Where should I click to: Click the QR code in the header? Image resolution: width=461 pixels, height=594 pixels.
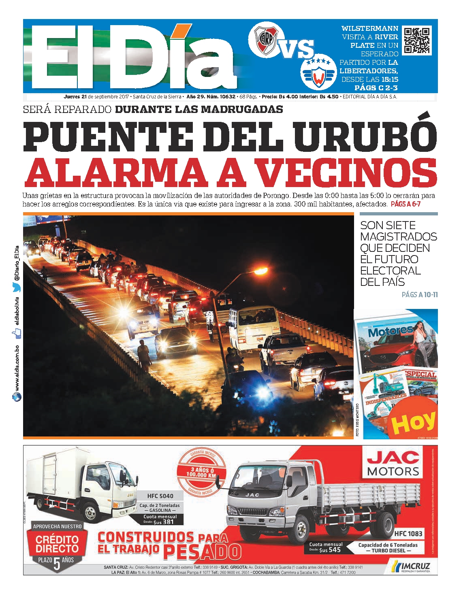pos(417,40)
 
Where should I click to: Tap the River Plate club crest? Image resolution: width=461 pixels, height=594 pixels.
pos(265,39)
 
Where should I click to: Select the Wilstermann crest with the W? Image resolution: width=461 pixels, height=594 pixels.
pos(318,73)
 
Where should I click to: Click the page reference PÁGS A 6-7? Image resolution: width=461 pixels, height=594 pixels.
pos(406,204)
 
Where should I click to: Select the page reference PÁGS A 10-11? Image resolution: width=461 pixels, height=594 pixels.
pos(419,295)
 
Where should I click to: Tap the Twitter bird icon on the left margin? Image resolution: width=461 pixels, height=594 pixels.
pos(17,288)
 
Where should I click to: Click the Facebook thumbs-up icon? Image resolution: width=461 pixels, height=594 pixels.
pos(17,333)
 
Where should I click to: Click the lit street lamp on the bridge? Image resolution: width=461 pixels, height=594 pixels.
pos(260,270)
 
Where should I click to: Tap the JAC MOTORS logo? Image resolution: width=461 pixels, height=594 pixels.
pos(393,464)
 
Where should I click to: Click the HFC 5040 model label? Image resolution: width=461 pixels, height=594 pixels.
pos(160,496)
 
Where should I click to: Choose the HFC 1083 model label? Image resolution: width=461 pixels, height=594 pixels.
pos(408,534)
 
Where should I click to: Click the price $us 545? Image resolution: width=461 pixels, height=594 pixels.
pos(329,550)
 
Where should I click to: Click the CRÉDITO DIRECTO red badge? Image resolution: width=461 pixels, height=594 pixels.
pos(57,544)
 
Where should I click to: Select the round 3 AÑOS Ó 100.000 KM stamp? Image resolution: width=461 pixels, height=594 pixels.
pos(201,473)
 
